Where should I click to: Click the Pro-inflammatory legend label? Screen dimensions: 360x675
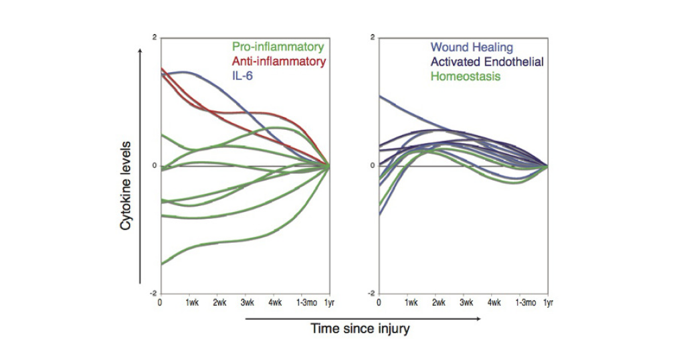278,48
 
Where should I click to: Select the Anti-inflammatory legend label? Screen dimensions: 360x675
278,62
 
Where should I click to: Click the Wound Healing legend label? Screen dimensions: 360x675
472,48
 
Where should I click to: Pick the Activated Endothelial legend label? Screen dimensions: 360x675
487,62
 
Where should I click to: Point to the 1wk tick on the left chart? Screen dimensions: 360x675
191,302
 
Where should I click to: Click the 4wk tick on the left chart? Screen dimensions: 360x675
275,302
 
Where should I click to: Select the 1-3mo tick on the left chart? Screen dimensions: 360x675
303,302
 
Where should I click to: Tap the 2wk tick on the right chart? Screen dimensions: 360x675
439,302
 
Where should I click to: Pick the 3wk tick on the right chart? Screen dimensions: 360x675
466,302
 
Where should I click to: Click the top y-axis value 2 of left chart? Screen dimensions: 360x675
155,37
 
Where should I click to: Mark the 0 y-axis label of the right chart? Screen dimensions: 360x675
374,166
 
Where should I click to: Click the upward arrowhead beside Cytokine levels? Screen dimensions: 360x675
139,52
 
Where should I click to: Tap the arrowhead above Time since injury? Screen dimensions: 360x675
478,319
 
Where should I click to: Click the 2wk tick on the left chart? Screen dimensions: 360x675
219,302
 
